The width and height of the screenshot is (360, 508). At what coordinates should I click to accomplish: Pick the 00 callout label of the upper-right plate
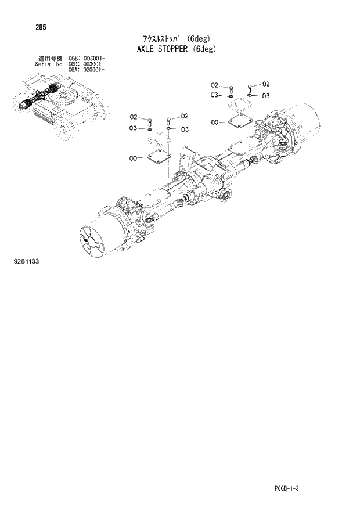(215, 123)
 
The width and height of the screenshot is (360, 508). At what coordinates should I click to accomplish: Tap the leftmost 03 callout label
(133, 128)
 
